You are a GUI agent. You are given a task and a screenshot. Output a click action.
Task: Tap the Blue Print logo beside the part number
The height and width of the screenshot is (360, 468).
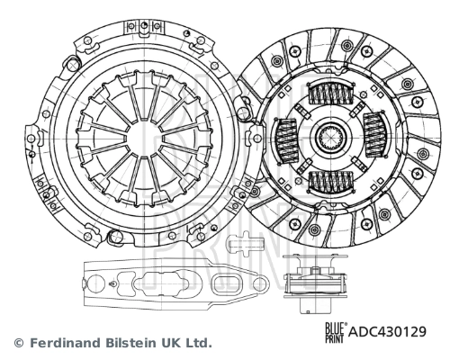[x=333, y=332]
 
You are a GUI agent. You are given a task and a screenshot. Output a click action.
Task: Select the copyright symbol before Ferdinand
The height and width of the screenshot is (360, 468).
[x=18, y=343]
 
